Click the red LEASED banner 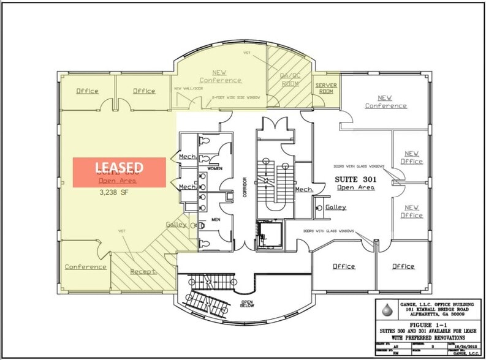coord(120,172)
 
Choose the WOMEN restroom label coord(215,168)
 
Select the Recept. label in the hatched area coord(143,270)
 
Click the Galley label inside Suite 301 coord(335,207)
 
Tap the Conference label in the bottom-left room coord(86,266)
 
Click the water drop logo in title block coord(386,310)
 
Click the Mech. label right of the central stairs coord(305,189)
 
